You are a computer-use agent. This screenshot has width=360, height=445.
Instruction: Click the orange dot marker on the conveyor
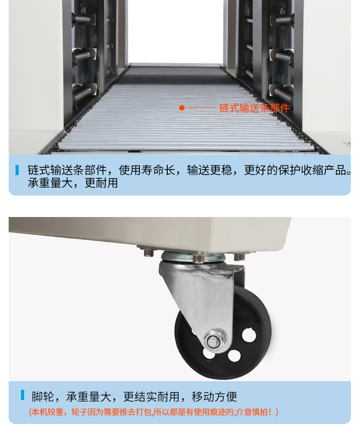[182, 108]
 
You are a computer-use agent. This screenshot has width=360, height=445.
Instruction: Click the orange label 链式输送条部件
[254, 108]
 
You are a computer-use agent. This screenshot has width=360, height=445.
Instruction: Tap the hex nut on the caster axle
[216, 340]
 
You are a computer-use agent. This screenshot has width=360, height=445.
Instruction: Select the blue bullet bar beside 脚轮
[22, 395]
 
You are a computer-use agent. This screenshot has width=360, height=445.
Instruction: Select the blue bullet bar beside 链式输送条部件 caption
[17, 170]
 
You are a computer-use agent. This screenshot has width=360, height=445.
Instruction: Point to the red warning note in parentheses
[154, 412]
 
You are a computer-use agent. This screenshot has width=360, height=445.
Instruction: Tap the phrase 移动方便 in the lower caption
[214, 397]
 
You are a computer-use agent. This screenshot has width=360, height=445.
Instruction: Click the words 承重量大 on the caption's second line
[50, 183]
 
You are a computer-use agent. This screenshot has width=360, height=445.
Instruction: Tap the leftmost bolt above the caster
[149, 252]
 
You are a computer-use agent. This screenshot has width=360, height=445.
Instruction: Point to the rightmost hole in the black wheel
[249, 334]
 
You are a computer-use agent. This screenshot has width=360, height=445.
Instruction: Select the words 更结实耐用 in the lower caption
[151, 397]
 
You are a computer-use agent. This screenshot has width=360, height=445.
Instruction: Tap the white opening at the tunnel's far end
[175, 31]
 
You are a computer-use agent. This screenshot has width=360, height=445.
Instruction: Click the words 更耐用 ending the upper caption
[101, 183]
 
